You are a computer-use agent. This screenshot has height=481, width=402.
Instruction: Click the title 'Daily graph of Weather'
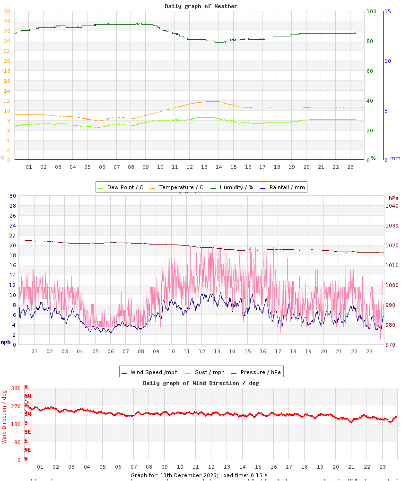coord(201,6)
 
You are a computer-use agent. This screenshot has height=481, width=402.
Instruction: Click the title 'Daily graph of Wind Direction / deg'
coord(201,383)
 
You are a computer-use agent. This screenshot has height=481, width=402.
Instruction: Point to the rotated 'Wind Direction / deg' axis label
coord(4,416)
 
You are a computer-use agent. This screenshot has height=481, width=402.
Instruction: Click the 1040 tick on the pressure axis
coord(392,206)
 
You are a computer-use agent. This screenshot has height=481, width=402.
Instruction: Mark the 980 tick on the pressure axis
coord(392,325)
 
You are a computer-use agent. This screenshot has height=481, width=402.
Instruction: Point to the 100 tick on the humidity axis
coord(371,11)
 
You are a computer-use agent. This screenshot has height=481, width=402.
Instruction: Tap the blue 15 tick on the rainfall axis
coord(387,11)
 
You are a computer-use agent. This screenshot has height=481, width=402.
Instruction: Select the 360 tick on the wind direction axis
coord(16,388)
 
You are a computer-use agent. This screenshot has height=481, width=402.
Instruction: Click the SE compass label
coord(27,432)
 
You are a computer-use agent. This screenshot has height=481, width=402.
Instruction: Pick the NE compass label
coord(27,450)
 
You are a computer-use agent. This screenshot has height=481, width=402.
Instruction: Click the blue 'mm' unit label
coord(395,158)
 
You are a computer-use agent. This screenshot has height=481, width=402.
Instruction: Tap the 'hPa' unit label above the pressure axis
coord(393,198)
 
